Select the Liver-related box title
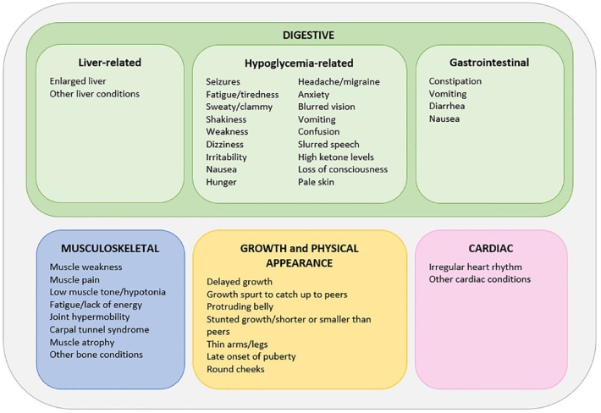click(108, 62)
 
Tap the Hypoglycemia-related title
click(299, 62)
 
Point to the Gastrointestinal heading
click(489, 62)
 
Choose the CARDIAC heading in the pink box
click(491, 249)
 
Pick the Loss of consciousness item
click(343, 169)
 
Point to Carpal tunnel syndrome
click(99, 329)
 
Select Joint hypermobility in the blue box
click(90, 317)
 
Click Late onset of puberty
click(251, 356)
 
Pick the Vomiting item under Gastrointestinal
click(449, 94)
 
